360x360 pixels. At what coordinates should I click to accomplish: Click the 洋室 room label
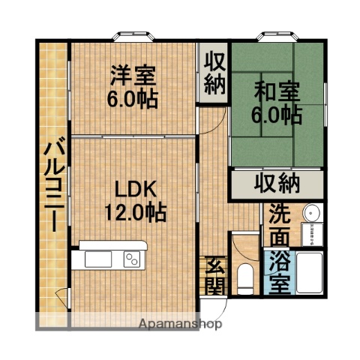[x=134, y=76]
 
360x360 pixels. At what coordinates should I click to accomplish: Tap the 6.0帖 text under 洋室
[x=134, y=99]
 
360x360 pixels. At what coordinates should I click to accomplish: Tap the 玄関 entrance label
[x=214, y=277]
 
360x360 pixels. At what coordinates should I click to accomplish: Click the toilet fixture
[x=244, y=277]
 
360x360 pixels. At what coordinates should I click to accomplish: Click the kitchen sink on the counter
[x=100, y=259]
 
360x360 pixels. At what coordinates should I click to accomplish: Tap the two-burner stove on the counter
[x=132, y=259]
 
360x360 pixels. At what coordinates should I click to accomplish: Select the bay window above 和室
[x=278, y=35]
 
